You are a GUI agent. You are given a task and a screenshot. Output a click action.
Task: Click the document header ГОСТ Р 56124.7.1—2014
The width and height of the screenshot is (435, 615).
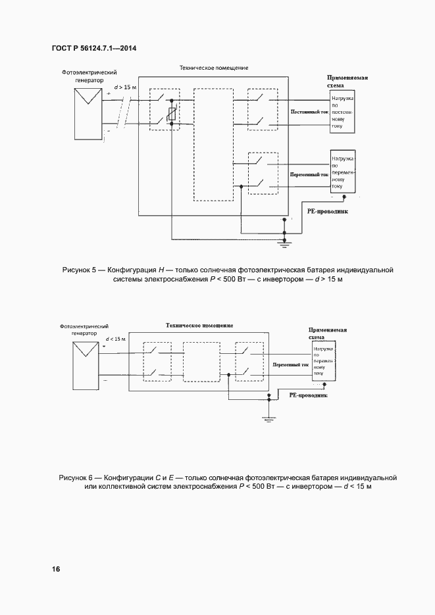(x=93, y=48)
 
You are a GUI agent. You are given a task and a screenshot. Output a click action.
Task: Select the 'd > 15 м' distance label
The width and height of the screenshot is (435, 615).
(x=125, y=87)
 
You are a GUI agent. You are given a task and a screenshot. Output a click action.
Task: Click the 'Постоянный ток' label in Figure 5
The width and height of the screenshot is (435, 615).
(x=309, y=112)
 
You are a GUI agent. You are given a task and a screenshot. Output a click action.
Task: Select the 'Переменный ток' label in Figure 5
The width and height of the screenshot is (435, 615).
(x=309, y=176)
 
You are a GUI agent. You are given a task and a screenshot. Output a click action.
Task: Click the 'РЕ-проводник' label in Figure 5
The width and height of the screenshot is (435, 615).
(x=327, y=212)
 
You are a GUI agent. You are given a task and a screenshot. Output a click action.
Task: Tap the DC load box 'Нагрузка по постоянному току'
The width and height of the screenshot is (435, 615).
(x=344, y=112)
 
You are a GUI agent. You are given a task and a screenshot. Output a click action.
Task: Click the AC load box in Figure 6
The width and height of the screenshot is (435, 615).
(x=324, y=362)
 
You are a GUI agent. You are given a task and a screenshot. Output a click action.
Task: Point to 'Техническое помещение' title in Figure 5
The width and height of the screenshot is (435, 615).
(x=214, y=68)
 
